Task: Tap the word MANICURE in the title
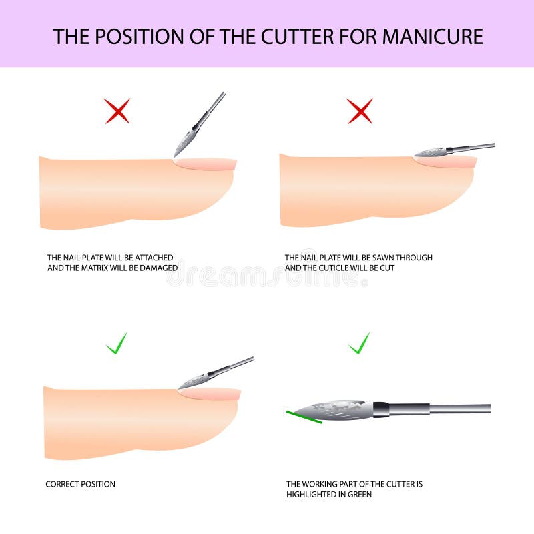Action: pos(432,36)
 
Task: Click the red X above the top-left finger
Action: pos(117,111)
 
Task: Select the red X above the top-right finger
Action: pos(360,111)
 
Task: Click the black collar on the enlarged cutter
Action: pos(380,409)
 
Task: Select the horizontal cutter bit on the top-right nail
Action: pos(430,152)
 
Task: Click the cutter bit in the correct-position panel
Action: pos(194,381)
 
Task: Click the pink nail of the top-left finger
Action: pos(208,164)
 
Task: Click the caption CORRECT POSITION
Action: pos(80,484)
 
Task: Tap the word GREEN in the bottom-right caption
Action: pos(359,494)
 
